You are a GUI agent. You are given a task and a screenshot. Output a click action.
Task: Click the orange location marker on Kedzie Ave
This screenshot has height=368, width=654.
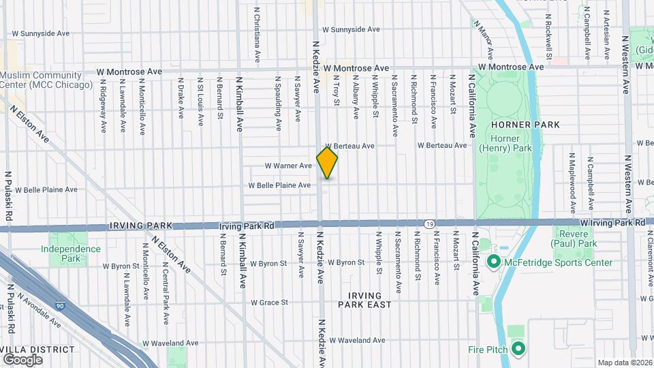pos(327,162)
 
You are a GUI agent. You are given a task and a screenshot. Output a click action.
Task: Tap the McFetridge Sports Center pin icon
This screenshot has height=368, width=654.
pos(493,262)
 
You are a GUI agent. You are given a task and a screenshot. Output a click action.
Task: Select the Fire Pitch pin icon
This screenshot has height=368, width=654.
pos(517,350)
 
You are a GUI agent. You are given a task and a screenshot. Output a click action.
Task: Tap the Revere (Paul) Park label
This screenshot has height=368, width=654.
pos(574,239)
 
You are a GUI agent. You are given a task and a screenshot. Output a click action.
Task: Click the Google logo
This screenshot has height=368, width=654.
pos(22,359)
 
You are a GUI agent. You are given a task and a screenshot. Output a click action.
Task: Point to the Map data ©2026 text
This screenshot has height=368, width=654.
pos(625,363)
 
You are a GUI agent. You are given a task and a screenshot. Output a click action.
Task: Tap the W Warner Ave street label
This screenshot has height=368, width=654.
pos(287,166)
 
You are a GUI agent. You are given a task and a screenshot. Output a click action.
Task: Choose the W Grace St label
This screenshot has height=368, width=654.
pos(269,303)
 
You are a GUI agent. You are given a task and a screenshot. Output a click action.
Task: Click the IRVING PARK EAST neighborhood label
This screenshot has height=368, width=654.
pos(369,299)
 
